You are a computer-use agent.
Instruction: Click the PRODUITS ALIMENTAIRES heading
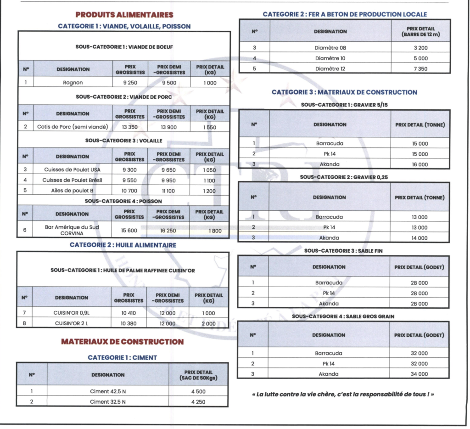click(124, 15)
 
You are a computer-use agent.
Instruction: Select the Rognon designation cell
click(72, 83)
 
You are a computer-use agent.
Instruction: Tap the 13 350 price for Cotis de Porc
click(130, 127)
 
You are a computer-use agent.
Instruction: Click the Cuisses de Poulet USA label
click(72, 170)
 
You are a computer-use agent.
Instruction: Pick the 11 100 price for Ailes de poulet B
click(169, 191)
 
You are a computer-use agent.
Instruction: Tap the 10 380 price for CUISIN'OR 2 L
click(129, 324)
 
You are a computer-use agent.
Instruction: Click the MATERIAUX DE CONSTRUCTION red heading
click(122, 342)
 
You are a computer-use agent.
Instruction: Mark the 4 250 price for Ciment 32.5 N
click(198, 402)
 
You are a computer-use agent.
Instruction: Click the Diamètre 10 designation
click(330, 58)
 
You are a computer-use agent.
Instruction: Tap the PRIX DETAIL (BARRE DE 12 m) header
click(420, 32)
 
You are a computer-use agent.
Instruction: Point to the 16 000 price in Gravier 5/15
click(420, 164)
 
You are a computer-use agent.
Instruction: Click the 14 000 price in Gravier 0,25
click(419, 238)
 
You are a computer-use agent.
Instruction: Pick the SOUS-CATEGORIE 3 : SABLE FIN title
click(343, 251)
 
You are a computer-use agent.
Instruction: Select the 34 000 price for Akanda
click(419, 374)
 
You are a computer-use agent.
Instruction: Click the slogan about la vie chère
click(343, 394)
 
